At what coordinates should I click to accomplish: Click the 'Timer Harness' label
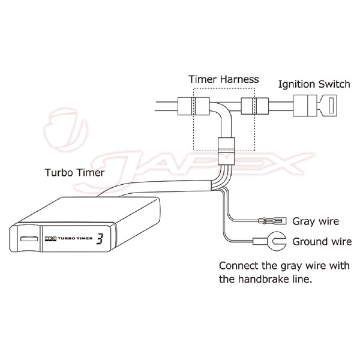coord(223,79)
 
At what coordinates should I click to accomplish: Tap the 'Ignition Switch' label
coord(314,83)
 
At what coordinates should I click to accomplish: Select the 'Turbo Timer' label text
coord(75,173)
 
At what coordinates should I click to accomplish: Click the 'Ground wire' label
coord(322,242)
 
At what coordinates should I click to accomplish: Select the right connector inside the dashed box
coord(250,107)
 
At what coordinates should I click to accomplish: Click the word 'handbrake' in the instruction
coord(269,279)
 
